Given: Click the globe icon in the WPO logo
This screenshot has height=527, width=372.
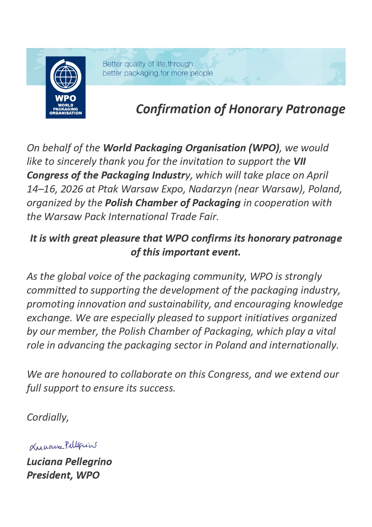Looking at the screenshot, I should [65, 77].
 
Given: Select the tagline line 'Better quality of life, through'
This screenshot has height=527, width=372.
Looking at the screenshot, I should [147, 64].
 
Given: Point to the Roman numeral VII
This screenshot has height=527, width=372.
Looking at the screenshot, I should [299, 162].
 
